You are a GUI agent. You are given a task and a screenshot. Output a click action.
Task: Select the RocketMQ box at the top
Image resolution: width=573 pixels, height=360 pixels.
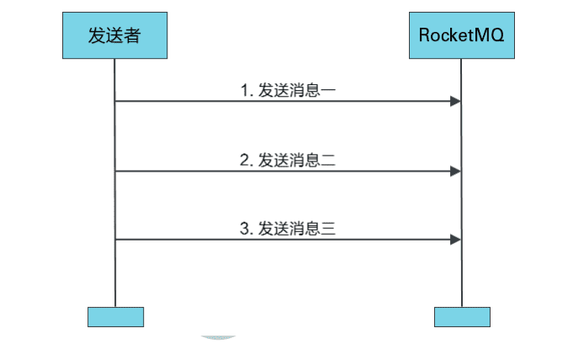461,35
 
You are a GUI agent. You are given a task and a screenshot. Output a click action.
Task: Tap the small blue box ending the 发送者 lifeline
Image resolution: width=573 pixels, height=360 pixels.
115,316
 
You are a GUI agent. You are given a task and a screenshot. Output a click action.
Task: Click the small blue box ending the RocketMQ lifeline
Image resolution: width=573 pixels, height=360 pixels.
461,316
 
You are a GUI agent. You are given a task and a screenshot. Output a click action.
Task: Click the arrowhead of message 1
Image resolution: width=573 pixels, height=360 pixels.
455,102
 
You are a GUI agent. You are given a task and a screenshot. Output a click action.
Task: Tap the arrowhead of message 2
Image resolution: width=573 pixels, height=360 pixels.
455,171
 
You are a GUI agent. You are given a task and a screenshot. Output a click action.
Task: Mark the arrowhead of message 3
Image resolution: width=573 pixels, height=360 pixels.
455,240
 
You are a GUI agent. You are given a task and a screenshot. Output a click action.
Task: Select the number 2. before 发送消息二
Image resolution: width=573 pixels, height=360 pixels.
247,159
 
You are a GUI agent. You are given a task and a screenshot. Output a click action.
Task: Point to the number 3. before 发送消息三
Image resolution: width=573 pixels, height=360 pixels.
247,227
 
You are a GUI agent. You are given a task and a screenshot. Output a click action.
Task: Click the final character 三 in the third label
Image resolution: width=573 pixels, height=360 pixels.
329,227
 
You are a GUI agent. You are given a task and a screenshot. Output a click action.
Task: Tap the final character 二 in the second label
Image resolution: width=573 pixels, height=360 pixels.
329,159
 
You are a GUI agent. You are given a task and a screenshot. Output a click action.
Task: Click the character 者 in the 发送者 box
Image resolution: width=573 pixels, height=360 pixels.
133,35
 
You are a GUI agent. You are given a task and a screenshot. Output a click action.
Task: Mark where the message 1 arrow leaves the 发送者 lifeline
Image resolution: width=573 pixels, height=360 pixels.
115,102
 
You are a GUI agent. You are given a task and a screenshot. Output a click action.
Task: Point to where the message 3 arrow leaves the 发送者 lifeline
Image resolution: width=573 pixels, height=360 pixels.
115,240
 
